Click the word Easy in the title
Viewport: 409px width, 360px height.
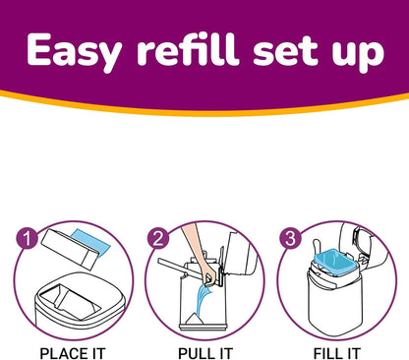(76, 51)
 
